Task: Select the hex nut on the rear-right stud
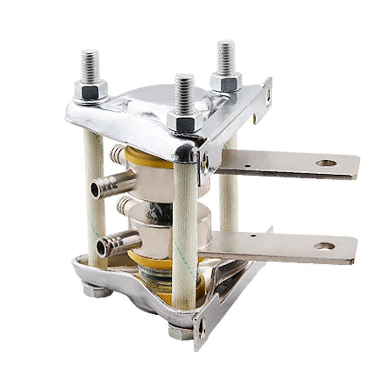point(225,81)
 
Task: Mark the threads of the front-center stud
point(184,94)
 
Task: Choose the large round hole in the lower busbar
point(324,246)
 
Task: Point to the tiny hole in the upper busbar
point(247,166)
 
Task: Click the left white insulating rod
point(95,193)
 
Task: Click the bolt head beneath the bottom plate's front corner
point(179,332)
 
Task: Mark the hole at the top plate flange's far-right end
point(268,95)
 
